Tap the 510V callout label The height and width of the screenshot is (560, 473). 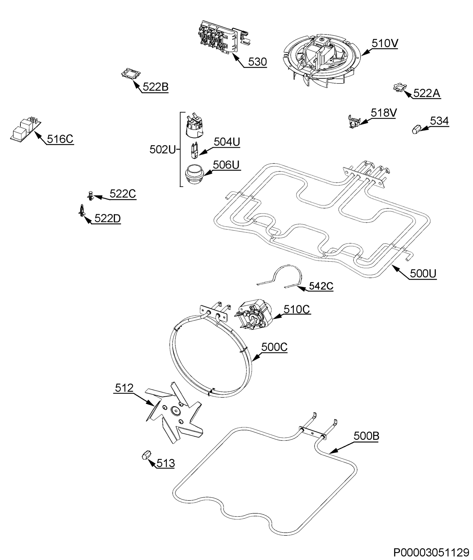click(384, 43)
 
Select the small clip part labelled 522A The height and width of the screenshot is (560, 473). click(400, 87)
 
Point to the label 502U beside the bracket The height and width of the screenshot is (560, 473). click(162, 150)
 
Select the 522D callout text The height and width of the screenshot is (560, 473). click(107, 219)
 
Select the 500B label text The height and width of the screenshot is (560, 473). click(366, 436)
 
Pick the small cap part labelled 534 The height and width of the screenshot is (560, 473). click(416, 129)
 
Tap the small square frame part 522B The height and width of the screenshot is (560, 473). click(131, 73)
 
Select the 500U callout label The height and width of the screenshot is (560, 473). click(423, 273)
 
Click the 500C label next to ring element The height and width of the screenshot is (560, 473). click(274, 347)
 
